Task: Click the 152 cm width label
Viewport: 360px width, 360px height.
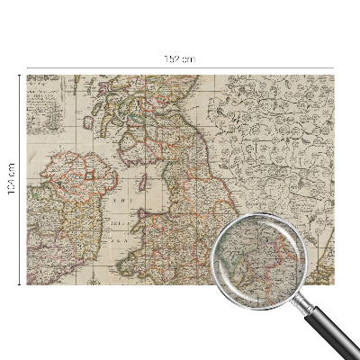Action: (179, 58)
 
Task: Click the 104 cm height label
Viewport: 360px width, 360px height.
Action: (12, 180)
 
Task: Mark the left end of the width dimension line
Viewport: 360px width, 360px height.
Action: (26, 67)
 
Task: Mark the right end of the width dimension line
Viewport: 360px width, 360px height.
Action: (334, 67)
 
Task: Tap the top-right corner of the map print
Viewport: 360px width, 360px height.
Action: (333, 76)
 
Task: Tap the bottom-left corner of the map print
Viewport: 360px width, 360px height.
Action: (27, 283)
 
